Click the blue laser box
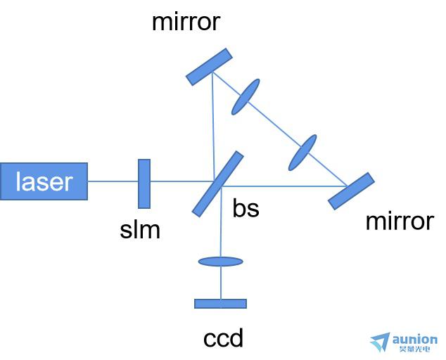tap(44, 181)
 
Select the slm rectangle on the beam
tap(144, 184)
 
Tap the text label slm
tap(140, 230)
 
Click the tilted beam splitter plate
tap(218, 184)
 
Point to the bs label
tap(246, 208)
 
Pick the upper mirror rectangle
tap(209, 67)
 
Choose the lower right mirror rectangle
tap(351, 191)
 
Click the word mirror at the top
tap(186, 22)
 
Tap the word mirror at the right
tap(400, 221)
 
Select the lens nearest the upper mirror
tap(246, 97)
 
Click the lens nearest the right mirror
tap(302, 153)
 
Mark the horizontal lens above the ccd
tap(221, 262)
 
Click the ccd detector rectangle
tap(220, 304)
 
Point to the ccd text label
tap(223, 337)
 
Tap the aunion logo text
tap(415, 340)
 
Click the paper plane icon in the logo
tap(381, 342)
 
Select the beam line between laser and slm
tap(113, 181)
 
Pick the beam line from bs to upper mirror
tap(213, 127)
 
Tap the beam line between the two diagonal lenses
tap(274, 125)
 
